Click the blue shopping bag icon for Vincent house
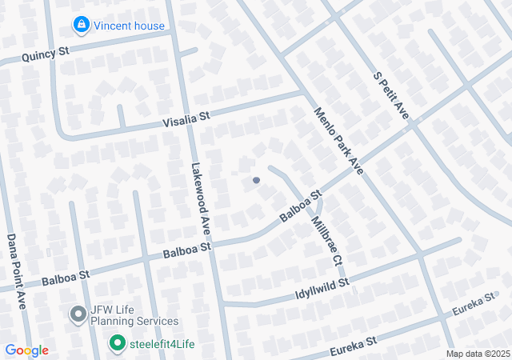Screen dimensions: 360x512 [80, 26]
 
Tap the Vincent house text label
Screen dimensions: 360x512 [129, 26]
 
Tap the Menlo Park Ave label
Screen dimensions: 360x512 [339, 142]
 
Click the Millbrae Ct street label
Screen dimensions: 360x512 [327, 239]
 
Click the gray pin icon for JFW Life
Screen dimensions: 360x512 [78, 314]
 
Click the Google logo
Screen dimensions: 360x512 [26, 350]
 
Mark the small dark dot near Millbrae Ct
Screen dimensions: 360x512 [256, 180]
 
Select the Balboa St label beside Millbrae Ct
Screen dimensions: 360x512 [300, 206]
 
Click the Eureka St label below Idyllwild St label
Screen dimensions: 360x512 [353, 343]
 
